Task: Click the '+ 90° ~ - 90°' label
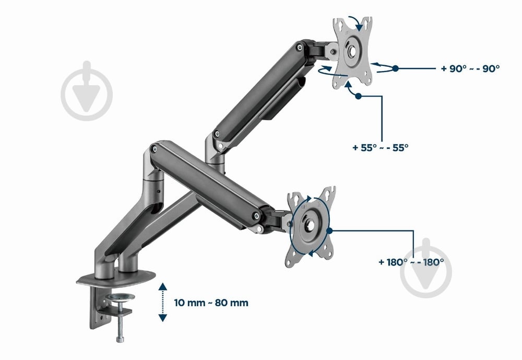tap(470, 68)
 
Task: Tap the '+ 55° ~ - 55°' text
tap(380, 147)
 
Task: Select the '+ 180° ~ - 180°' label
tap(411, 262)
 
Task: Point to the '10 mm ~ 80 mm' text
tap(211, 303)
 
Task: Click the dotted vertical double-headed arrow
tap(162, 302)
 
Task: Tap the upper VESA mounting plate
tap(352, 53)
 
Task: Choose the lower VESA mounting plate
tap(310, 227)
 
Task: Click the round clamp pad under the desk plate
tap(121, 297)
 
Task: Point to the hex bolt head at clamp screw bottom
tap(120, 339)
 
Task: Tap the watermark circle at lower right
tap(426, 270)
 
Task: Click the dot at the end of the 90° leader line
tap(395, 68)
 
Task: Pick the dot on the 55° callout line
tap(358, 96)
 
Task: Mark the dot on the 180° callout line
tap(329, 230)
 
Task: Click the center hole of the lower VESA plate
tap(310, 226)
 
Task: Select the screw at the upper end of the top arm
tap(300, 48)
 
